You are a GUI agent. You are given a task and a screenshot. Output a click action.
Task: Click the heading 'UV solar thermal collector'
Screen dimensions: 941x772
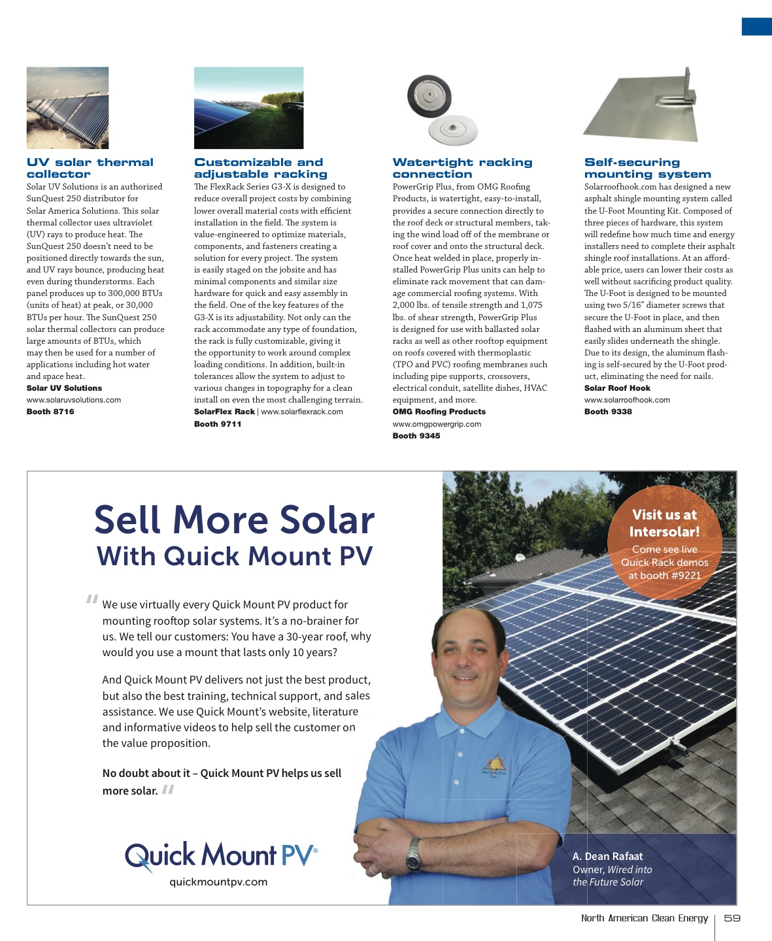click(90, 168)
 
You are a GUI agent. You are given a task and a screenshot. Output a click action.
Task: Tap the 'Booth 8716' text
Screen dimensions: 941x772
click(50, 412)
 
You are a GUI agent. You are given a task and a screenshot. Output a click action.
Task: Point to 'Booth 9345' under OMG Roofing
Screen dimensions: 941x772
click(416, 436)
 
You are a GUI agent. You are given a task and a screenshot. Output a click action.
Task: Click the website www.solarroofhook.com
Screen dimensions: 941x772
click(627, 400)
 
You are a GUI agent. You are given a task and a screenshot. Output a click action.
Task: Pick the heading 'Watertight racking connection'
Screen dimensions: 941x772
click(462, 168)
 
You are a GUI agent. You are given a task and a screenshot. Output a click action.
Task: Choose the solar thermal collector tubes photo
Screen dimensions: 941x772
click(67, 108)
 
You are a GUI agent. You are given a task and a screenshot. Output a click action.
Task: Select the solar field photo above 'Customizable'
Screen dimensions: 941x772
click(248, 108)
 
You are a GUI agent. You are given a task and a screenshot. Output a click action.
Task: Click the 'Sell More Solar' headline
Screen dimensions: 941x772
click(234, 520)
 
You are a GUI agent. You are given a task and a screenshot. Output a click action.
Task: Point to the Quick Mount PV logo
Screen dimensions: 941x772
click(221, 856)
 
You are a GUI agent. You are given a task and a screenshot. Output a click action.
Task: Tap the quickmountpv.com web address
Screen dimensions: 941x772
click(218, 882)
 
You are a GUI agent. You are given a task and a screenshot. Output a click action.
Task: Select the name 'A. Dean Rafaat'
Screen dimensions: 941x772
click(607, 857)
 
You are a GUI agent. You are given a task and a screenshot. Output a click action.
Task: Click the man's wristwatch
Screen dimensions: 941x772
click(413, 855)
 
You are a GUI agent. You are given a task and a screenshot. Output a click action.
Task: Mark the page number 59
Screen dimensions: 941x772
click(732, 918)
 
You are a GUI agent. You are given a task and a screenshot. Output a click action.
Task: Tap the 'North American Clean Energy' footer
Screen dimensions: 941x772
click(645, 918)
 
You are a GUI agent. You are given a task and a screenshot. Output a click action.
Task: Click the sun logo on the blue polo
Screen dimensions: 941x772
click(495, 765)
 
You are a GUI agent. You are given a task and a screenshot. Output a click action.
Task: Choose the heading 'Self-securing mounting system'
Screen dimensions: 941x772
click(647, 168)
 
